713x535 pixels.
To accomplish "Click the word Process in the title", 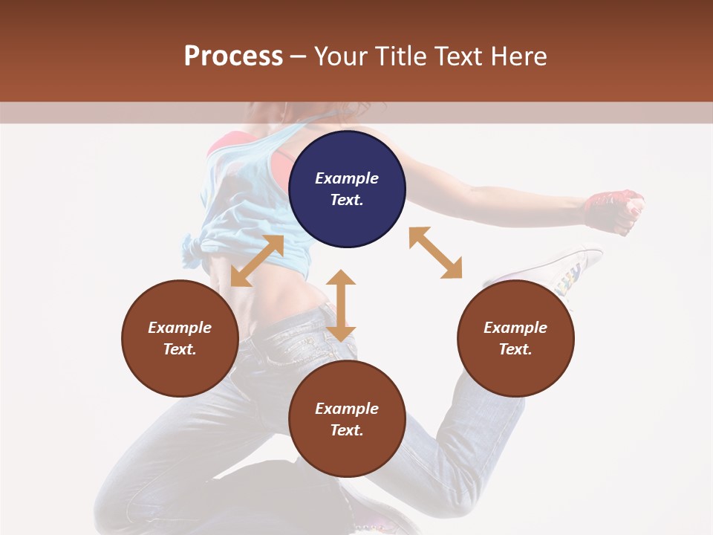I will click(233, 56).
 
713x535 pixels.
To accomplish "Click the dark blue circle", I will click(347, 189).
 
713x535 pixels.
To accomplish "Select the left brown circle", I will click(180, 338).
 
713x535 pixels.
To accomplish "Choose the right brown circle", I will click(515, 338).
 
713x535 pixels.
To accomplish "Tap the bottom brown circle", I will click(347, 419).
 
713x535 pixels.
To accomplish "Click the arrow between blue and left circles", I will click(257, 261).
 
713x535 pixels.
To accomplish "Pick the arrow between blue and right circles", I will click(435, 253).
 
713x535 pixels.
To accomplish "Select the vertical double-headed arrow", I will click(341, 305).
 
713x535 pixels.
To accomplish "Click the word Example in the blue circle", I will click(347, 178).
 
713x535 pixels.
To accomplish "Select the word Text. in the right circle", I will click(515, 349).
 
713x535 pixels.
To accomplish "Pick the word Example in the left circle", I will click(180, 328).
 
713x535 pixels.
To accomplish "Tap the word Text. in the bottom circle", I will click(347, 430).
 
